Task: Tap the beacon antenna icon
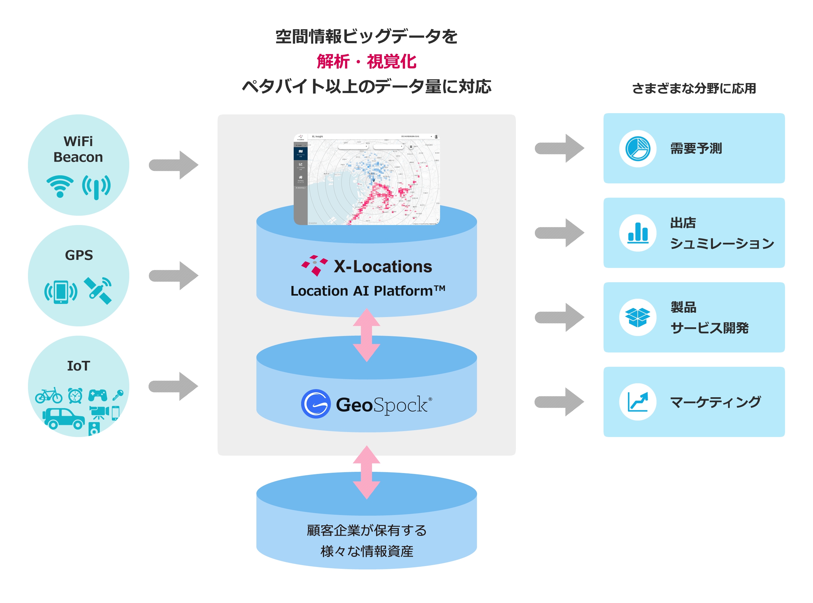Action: [96, 187]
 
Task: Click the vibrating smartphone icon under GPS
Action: [61, 292]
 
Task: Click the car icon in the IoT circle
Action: [63, 418]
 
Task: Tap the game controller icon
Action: [98, 395]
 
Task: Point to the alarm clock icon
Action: [75, 395]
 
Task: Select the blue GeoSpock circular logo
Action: [316, 404]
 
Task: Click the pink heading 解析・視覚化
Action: [366, 61]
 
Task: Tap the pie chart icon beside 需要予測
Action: [637, 149]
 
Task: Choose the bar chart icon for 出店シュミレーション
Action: [637, 233]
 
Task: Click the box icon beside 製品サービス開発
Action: [637, 317]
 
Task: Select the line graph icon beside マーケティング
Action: [637, 402]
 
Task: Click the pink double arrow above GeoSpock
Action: [366, 335]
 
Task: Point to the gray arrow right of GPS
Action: [174, 276]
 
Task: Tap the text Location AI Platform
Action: [367, 291]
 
